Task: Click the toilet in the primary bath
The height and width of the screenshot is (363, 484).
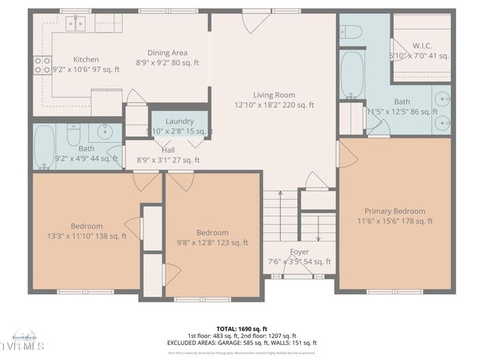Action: (x=351, y=30)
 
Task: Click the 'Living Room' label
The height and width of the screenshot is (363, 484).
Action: (x=275, y=95)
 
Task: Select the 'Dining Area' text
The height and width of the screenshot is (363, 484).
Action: (x=167, y=52)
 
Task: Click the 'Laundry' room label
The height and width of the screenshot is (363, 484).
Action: (x=180, y=121)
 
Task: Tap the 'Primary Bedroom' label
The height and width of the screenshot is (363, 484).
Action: (x=394, y=211)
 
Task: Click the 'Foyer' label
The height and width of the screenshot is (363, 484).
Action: (x=299, y=252)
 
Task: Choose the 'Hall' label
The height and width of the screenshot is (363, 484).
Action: (x=168, y=150)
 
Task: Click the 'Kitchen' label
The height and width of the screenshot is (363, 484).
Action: (x=85, y=59)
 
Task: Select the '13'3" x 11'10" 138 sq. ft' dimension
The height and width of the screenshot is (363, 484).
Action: (x=86, y=236)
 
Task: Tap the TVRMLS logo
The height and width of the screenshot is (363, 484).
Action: (x=23, y=345)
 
